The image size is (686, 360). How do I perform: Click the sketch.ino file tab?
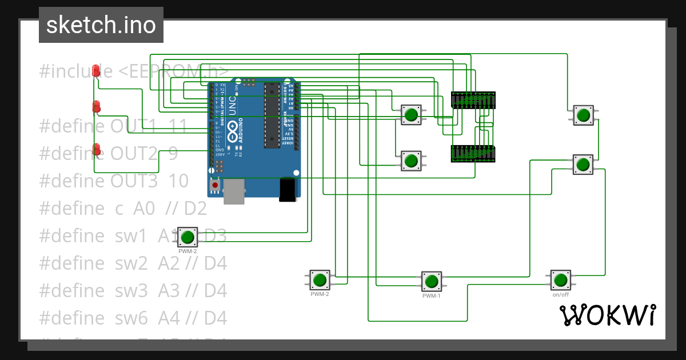(101, 25)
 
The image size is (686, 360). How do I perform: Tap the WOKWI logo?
(607, 315)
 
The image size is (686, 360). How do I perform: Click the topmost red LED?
(97, 70)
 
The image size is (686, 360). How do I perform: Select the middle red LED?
(97, 106)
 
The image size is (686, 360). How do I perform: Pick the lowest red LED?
(97, 149)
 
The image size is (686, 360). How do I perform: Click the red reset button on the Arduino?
(215, 185)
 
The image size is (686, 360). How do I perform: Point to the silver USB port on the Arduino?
(234, 191)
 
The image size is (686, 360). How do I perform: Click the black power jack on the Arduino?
(288, 189)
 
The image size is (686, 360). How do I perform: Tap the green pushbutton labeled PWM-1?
(432, 281)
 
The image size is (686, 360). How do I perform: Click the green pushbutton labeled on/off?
(560, 280)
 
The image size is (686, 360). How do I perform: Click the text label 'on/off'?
(560, 295)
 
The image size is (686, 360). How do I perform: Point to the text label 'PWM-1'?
(432, 296)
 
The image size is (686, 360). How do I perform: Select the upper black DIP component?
(473, 100)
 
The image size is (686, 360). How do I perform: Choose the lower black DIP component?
(473, 154)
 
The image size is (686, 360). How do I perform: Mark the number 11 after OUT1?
(178, 126)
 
